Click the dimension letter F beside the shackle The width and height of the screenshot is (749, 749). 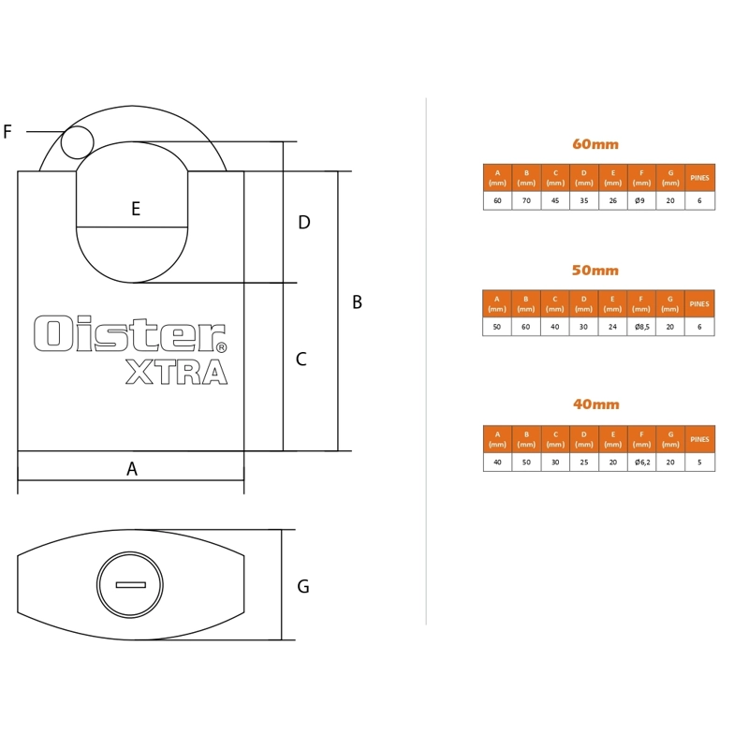click(7, 131)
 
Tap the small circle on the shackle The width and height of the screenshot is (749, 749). click(78, 142)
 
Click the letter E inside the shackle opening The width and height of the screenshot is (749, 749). click(136, 209)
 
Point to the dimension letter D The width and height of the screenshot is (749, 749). click(303, 222)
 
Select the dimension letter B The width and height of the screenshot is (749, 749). click(357, 301)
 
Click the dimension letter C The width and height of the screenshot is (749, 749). click(301, 359)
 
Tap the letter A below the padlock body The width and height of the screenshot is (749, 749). click(132, 469)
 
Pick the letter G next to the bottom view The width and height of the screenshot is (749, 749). click(302, 586)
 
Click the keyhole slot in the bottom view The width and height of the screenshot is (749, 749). click(130, 584)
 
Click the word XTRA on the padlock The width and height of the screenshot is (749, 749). click(176, 372)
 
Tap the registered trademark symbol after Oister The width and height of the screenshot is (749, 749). click(221, 347)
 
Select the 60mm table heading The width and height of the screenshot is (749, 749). click(595, 144)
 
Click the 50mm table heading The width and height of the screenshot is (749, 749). click(595, 271)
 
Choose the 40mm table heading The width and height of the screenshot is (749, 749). click(596, 404)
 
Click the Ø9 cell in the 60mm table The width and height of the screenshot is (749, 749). click(640, 200)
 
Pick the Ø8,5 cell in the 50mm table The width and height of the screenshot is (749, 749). click(641, 327)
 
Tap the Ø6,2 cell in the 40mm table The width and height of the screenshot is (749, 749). click(642, 462)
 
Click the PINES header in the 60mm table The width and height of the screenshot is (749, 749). click(699, 178)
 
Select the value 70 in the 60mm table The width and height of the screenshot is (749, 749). click(526, 200)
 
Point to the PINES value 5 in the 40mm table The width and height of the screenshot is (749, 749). click(699, 462)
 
